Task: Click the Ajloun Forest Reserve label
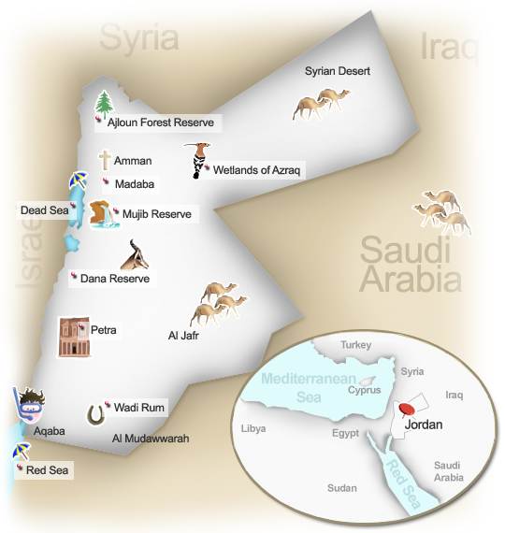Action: [x=161, y=122]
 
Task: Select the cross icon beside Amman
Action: [x=105, y=161]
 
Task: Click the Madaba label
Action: [x=134, y=184]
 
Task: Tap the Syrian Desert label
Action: [x=338, y=71]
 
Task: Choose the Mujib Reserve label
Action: [x=156, y=215]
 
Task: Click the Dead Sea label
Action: [x=45, y=210]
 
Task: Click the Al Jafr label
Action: [x=185, y=334]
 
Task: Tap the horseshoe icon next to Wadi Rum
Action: [x=95, y=413]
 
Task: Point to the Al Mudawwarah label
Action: [x=151, y=438]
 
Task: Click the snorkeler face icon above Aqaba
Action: [x=31, y=408]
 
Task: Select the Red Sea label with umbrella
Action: [x=49, y=469]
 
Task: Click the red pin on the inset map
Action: [x=406, y=409]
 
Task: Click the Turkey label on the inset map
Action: [x=355, y=344]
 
